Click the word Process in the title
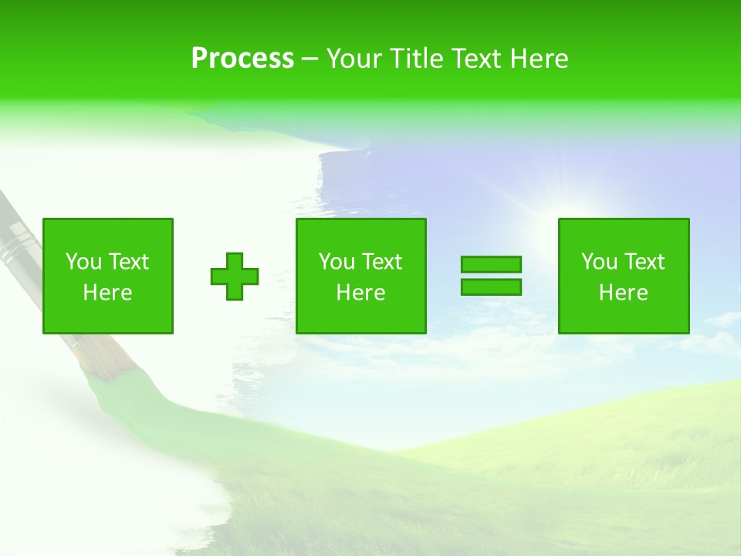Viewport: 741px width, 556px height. (x=242, y=59)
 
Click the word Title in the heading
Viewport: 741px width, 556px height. (x=414, y=59)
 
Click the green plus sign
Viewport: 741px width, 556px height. (x=235, y=276)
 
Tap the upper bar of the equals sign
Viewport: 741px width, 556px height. (x=491, y=265)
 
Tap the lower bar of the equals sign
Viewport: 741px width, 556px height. (x=491, y=286)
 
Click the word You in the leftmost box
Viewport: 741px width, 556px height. (x=84, y=262)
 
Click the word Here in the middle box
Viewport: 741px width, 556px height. (x=361, y=293)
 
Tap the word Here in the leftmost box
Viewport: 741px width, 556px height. (x=108, y=293)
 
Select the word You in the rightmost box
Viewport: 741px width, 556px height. (x=600, y=262)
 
